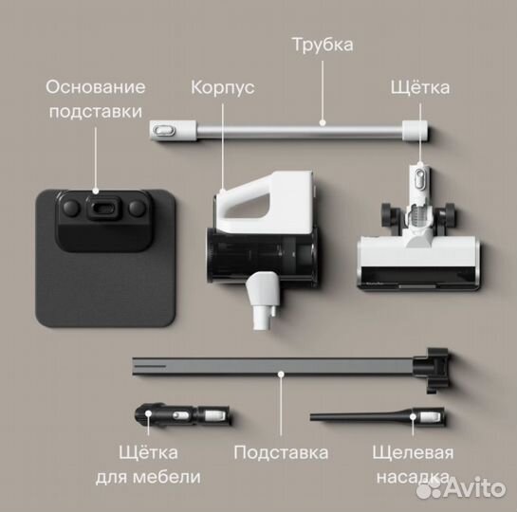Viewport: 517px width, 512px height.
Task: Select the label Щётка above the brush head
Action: [419, 87]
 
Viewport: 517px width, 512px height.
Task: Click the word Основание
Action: [96, 87]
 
